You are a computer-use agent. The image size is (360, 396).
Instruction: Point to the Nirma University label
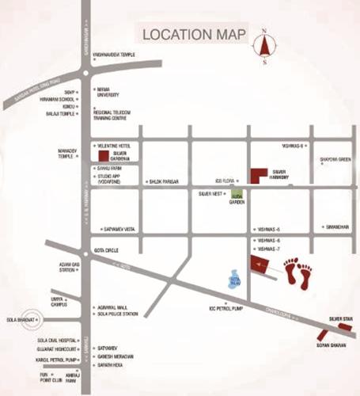tap(109, 92)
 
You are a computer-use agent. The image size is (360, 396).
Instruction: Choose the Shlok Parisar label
tap(164, 182)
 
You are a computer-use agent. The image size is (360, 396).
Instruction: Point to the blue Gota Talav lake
tap(233, 277)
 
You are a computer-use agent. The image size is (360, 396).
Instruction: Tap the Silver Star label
tap(341, 318)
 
